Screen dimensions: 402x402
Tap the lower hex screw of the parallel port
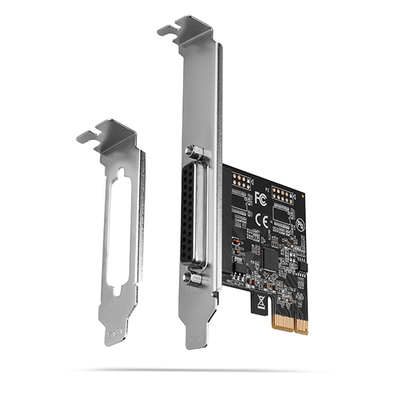click(194, 277)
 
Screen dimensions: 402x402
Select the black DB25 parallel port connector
click(194, 214)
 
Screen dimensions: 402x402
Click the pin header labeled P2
click(283, 196)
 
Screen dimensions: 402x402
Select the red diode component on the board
click(235, 241)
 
